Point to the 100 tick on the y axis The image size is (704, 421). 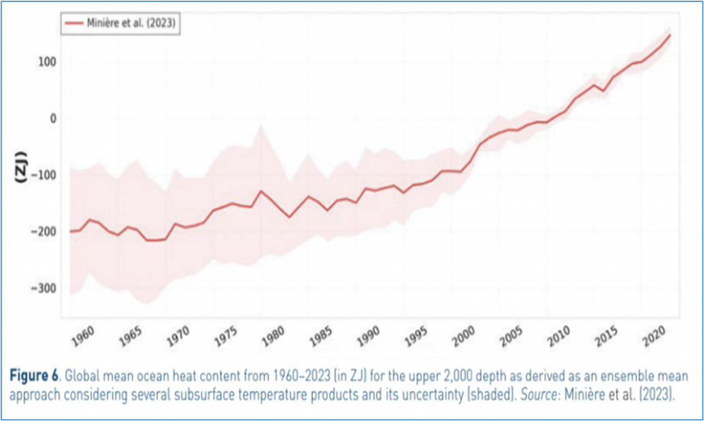click(46, 62)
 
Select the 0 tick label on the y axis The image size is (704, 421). click(51, 118)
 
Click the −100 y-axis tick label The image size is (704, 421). click(42, 175)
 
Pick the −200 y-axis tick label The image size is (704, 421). click(42, 231)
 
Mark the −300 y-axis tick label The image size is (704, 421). click(42, 288)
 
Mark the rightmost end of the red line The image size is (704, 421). click(671, 35)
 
